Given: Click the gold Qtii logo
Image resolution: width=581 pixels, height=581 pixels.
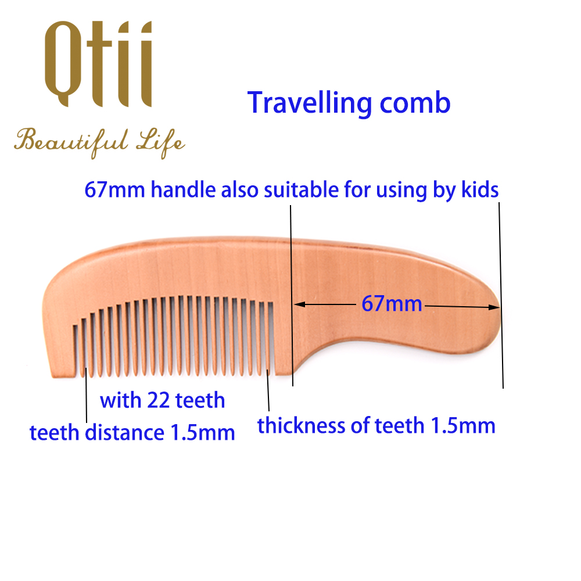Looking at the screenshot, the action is (x=98, y=64).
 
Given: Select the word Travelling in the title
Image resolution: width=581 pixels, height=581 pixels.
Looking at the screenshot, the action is (x=310, y=103).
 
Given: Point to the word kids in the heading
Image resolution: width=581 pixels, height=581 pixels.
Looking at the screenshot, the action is (x=480, y=189).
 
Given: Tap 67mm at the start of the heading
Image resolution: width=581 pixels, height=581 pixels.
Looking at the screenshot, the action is (x=114, y=190).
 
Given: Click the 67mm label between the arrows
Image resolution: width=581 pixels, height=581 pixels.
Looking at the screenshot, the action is (x=392, y=303).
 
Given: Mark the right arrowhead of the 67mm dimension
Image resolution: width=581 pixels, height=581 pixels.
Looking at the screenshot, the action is (x=494, y=307).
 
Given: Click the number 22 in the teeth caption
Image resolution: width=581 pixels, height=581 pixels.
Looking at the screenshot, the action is (x=159, y=400).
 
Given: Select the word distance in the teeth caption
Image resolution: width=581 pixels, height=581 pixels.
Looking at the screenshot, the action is (x=124, y=432).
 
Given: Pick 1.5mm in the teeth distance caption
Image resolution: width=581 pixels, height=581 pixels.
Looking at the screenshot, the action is (x=202, y=432).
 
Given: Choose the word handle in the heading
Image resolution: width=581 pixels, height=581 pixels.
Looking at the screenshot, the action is (x=183, y=189).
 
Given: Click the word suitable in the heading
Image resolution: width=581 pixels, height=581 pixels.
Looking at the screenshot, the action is (x=301, y=189).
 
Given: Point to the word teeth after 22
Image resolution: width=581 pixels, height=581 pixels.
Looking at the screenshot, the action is (x=200, y=400).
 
